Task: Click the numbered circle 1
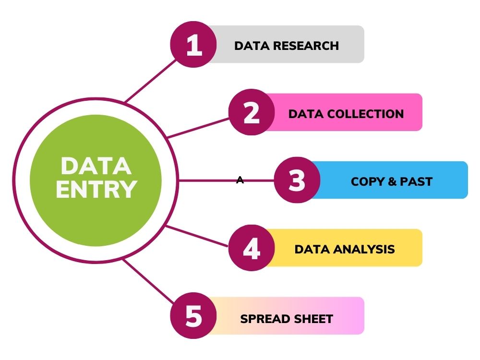[x=193, y=44]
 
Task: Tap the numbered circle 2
[x=252, y=112]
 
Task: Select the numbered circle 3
[x=297, y=180]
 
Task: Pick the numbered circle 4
[x=252, y=248]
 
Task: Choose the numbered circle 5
[x=193, y=316]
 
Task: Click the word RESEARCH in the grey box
[x=306, y=46]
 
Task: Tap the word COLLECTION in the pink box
[x=365, y=114]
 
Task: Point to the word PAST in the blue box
[x=416, y=181]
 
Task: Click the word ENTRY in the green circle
[x=96, y=190]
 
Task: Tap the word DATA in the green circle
[x=96, y=166]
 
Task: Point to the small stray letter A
[x=240, y=180]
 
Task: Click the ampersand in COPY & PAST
[x=392, y=181]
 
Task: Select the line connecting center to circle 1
[x=151, y=81]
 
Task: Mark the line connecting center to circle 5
[x=149, y=281]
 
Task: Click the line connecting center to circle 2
[x=198, y=128]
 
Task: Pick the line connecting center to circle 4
[x=197, y=236]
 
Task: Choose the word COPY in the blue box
[x=367, y=181]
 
